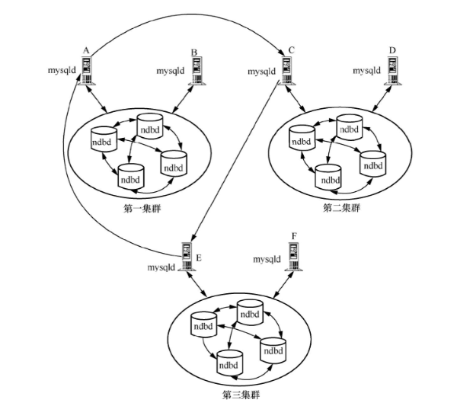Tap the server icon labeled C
pos(287,71)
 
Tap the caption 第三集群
pos(240,395)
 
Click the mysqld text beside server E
pos(162,267)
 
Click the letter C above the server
pos(292,50)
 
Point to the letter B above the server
pos(195,52)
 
